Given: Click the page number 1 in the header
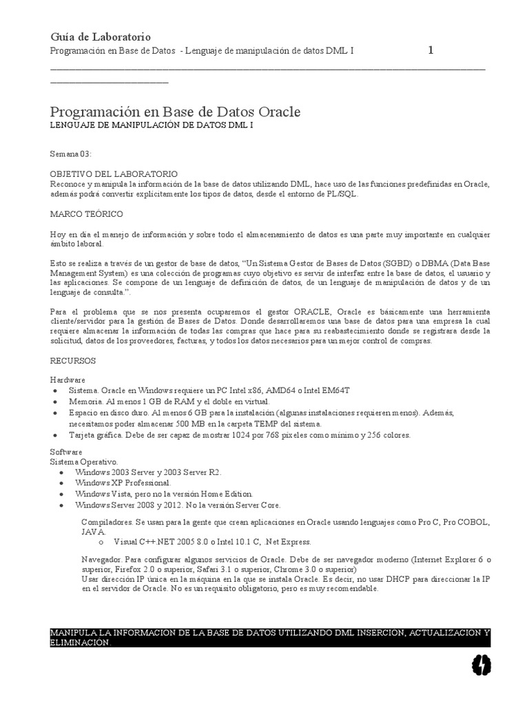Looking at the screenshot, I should [431, 50].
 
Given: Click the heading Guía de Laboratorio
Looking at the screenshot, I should [101, 36].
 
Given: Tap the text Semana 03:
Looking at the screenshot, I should [72, 153].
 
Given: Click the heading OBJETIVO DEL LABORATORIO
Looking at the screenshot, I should [114, 174].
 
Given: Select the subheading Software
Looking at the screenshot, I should [66, 452].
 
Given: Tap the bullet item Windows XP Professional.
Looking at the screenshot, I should [123, 483].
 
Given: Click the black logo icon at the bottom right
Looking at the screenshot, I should [481, 664].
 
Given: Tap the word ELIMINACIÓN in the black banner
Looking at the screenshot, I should [81, 642].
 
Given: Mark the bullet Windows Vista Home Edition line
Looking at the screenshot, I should [165, 494].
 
